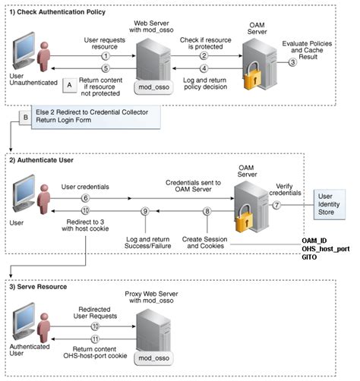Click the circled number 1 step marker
(106, 56)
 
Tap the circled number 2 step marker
(204, 56)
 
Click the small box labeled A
(69, 85)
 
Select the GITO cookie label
(312, 259)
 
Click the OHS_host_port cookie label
(326, 250)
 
